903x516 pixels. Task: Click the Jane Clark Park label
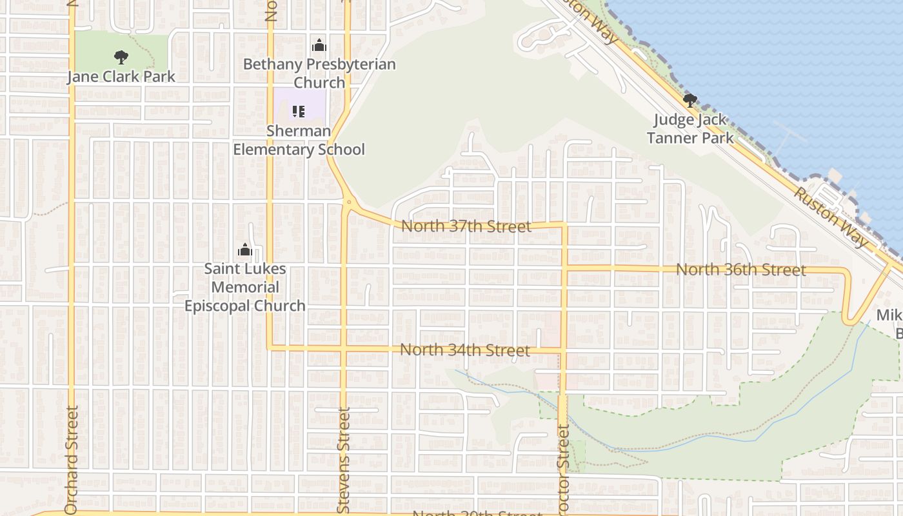(121, 77)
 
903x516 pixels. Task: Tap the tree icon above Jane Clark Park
(121, 57)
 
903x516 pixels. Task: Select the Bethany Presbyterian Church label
(319, 74)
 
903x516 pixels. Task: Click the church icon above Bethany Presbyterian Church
(319, 46)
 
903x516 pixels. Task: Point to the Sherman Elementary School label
(299, 140)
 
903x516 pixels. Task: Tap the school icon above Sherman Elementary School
(298, 112)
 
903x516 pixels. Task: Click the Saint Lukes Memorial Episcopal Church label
(245, 287)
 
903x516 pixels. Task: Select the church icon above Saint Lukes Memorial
(244, 250)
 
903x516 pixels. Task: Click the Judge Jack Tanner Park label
(690, 128)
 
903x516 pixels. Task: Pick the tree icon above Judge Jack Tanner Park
(690, 101)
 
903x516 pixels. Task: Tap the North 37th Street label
(466, 226)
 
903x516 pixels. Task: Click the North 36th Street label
(740, 270)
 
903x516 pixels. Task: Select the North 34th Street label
(465, 350)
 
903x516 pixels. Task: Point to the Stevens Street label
(344, 460)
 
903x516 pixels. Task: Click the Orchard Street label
(71, 460)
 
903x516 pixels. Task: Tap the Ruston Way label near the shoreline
(831, 217)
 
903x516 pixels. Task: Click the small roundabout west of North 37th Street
(348, 202)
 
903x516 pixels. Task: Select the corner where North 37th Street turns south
(564, 225)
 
